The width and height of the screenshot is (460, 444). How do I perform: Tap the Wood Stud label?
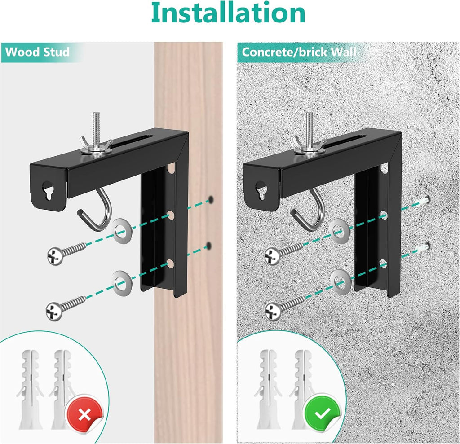pos(37,52)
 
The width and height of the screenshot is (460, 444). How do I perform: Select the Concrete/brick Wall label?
pos(299,52)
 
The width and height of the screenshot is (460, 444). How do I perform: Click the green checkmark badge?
pos(322,414)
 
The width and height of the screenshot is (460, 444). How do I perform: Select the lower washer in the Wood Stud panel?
pos(120,282)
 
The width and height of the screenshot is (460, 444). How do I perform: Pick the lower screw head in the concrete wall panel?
pos(273,309)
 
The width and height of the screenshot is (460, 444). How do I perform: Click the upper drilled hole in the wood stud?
pos(210,198)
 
